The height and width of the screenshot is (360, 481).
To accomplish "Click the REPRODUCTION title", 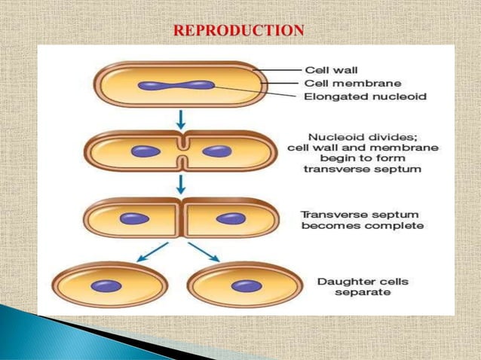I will point(240,31).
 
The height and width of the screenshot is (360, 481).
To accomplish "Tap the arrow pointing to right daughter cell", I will point(204,252).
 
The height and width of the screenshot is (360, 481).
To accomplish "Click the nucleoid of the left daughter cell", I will point(107,285).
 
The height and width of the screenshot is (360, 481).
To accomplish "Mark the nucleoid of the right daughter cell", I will point(245,285).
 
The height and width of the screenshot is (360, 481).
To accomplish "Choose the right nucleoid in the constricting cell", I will point(218,151).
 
